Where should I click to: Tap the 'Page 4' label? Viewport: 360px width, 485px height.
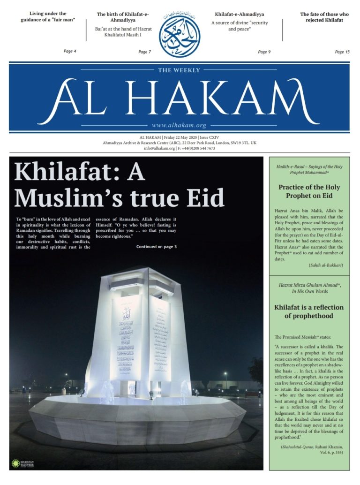pyautogui.click(x=70, y=51)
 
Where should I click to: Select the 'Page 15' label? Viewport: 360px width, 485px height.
pyautogui.click(x=342, y=52)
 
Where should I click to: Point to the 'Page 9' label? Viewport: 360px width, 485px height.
pyautogui.click(x=264, y=52)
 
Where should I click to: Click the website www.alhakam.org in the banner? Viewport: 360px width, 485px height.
pyautogui.click(x=179, y=125)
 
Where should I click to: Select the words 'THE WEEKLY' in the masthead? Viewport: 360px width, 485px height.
pyautogui.click(x=179, y=70)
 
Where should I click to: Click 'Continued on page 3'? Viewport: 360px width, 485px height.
pyautogui.click(x=157, y=246)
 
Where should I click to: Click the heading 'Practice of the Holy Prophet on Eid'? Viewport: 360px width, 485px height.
pyautogui.click(x=309, y=191)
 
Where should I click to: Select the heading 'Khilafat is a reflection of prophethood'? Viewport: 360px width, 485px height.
pyautogui.click(x=309, y=311)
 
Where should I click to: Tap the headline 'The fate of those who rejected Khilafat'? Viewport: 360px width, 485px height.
pyautogui.click(x=324, y=17)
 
